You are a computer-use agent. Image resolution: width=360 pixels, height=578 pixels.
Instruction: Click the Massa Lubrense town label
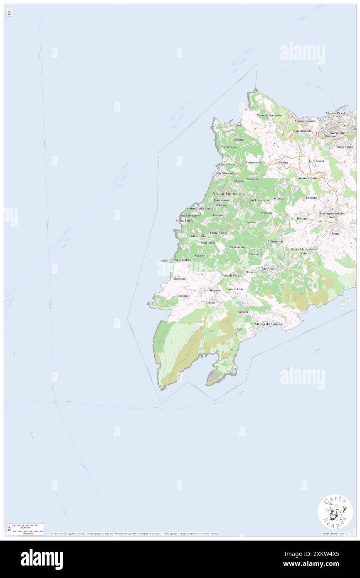tap(227, 194)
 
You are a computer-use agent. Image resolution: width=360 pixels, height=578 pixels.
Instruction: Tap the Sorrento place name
tap(337, 133)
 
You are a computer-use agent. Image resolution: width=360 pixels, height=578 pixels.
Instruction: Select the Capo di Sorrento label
tap(269, 115)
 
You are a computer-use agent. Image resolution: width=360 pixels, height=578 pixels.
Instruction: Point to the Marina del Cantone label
tap(269, 324)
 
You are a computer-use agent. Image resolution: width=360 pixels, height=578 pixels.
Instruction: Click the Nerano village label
tap(243, 311)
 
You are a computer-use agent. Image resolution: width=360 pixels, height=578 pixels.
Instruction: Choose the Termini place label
tap(215, 290)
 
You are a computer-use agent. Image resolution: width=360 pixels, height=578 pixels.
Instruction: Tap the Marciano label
tap(180, 278)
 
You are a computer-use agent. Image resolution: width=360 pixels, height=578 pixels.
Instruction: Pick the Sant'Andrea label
tap(183, 260)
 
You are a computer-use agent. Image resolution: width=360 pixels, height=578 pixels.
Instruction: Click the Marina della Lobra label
tap(200, 208)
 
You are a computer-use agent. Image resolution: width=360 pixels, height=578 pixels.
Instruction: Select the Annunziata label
tap(198, 236)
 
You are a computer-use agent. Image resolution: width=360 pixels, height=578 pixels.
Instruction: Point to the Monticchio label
tap(275, 242)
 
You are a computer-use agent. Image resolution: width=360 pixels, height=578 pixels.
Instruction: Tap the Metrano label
tap(268, 269)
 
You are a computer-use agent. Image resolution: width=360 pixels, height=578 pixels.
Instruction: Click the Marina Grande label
tap(305, 121)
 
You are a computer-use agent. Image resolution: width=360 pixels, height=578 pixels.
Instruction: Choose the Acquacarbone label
tap(308, 178)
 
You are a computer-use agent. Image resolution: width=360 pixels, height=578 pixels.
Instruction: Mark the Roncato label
tap(182, 296)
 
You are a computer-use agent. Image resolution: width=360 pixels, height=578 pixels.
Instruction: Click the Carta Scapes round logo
tap(335, 513)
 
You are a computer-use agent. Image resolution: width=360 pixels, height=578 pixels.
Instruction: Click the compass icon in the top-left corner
tap(9, 13)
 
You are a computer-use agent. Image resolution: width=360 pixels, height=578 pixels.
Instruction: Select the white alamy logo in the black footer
tap(42, 559)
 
